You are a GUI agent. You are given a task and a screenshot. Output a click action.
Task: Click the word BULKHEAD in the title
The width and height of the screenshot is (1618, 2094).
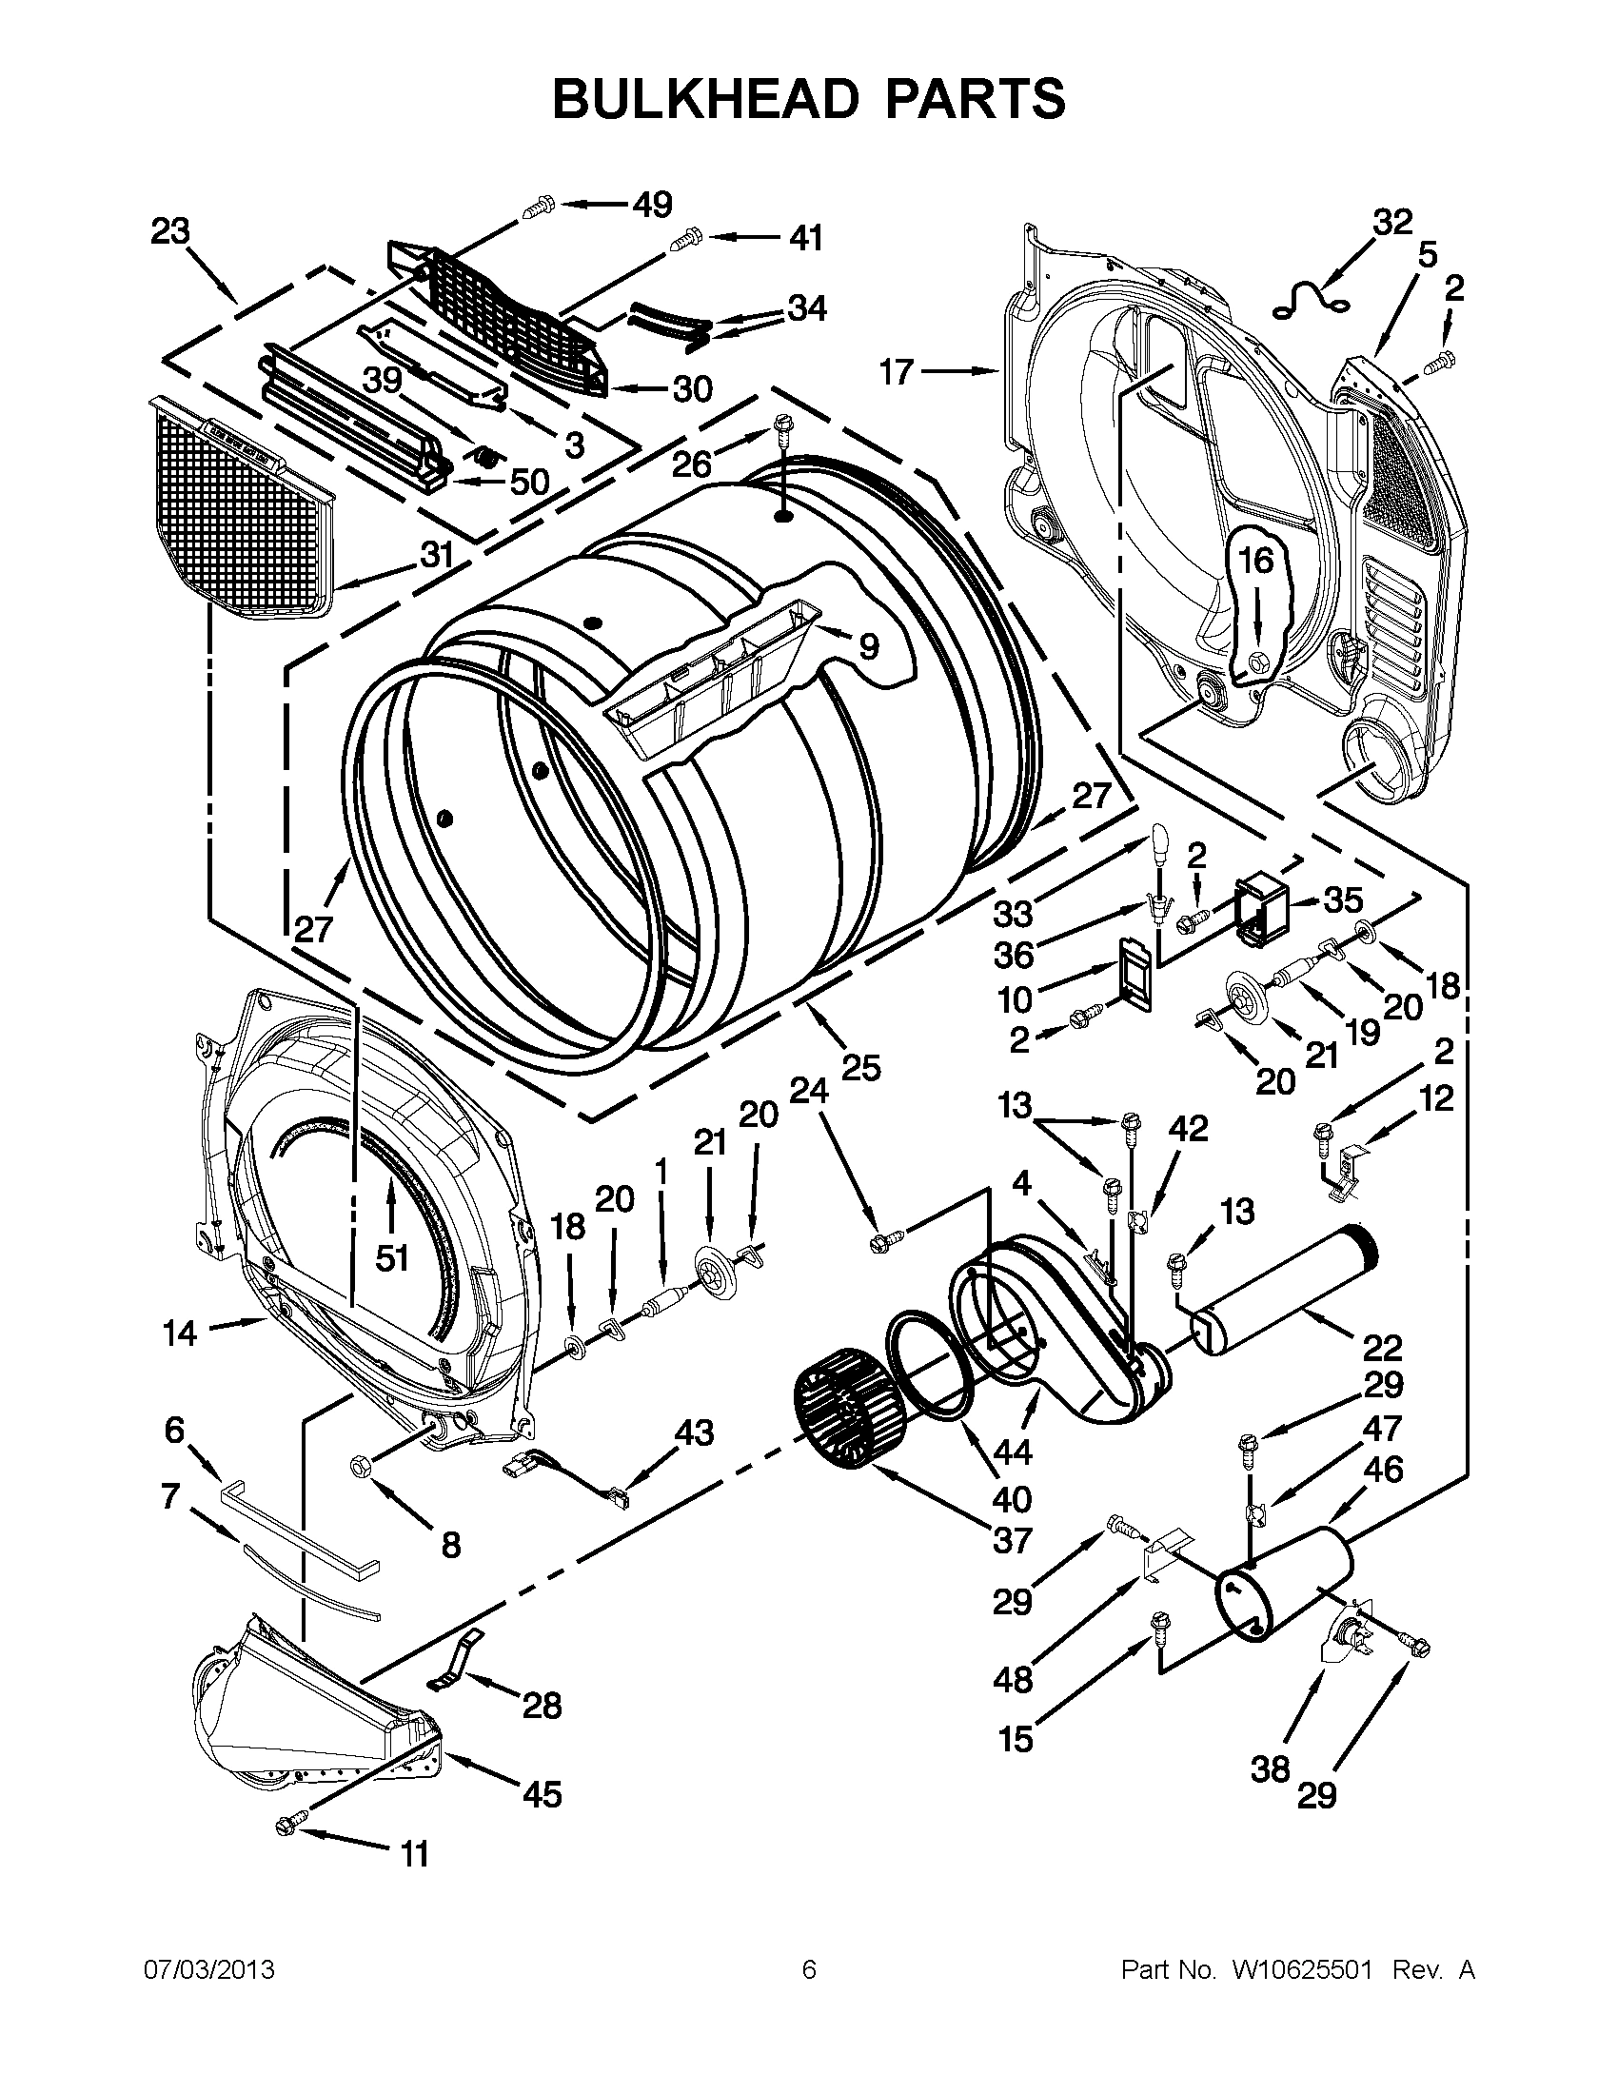point(704,99)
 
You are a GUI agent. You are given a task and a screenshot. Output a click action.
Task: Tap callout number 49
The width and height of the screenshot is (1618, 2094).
point(652,205)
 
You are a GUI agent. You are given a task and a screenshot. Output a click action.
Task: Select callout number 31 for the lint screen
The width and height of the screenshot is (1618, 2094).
point(437,554)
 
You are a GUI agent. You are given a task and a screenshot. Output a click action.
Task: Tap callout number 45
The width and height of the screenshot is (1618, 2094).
point(542,1793)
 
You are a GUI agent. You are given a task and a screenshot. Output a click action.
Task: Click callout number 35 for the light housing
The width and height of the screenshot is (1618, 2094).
point(1342,900)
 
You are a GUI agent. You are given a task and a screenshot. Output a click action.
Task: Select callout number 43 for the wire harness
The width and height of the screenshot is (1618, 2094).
point(694,1432)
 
